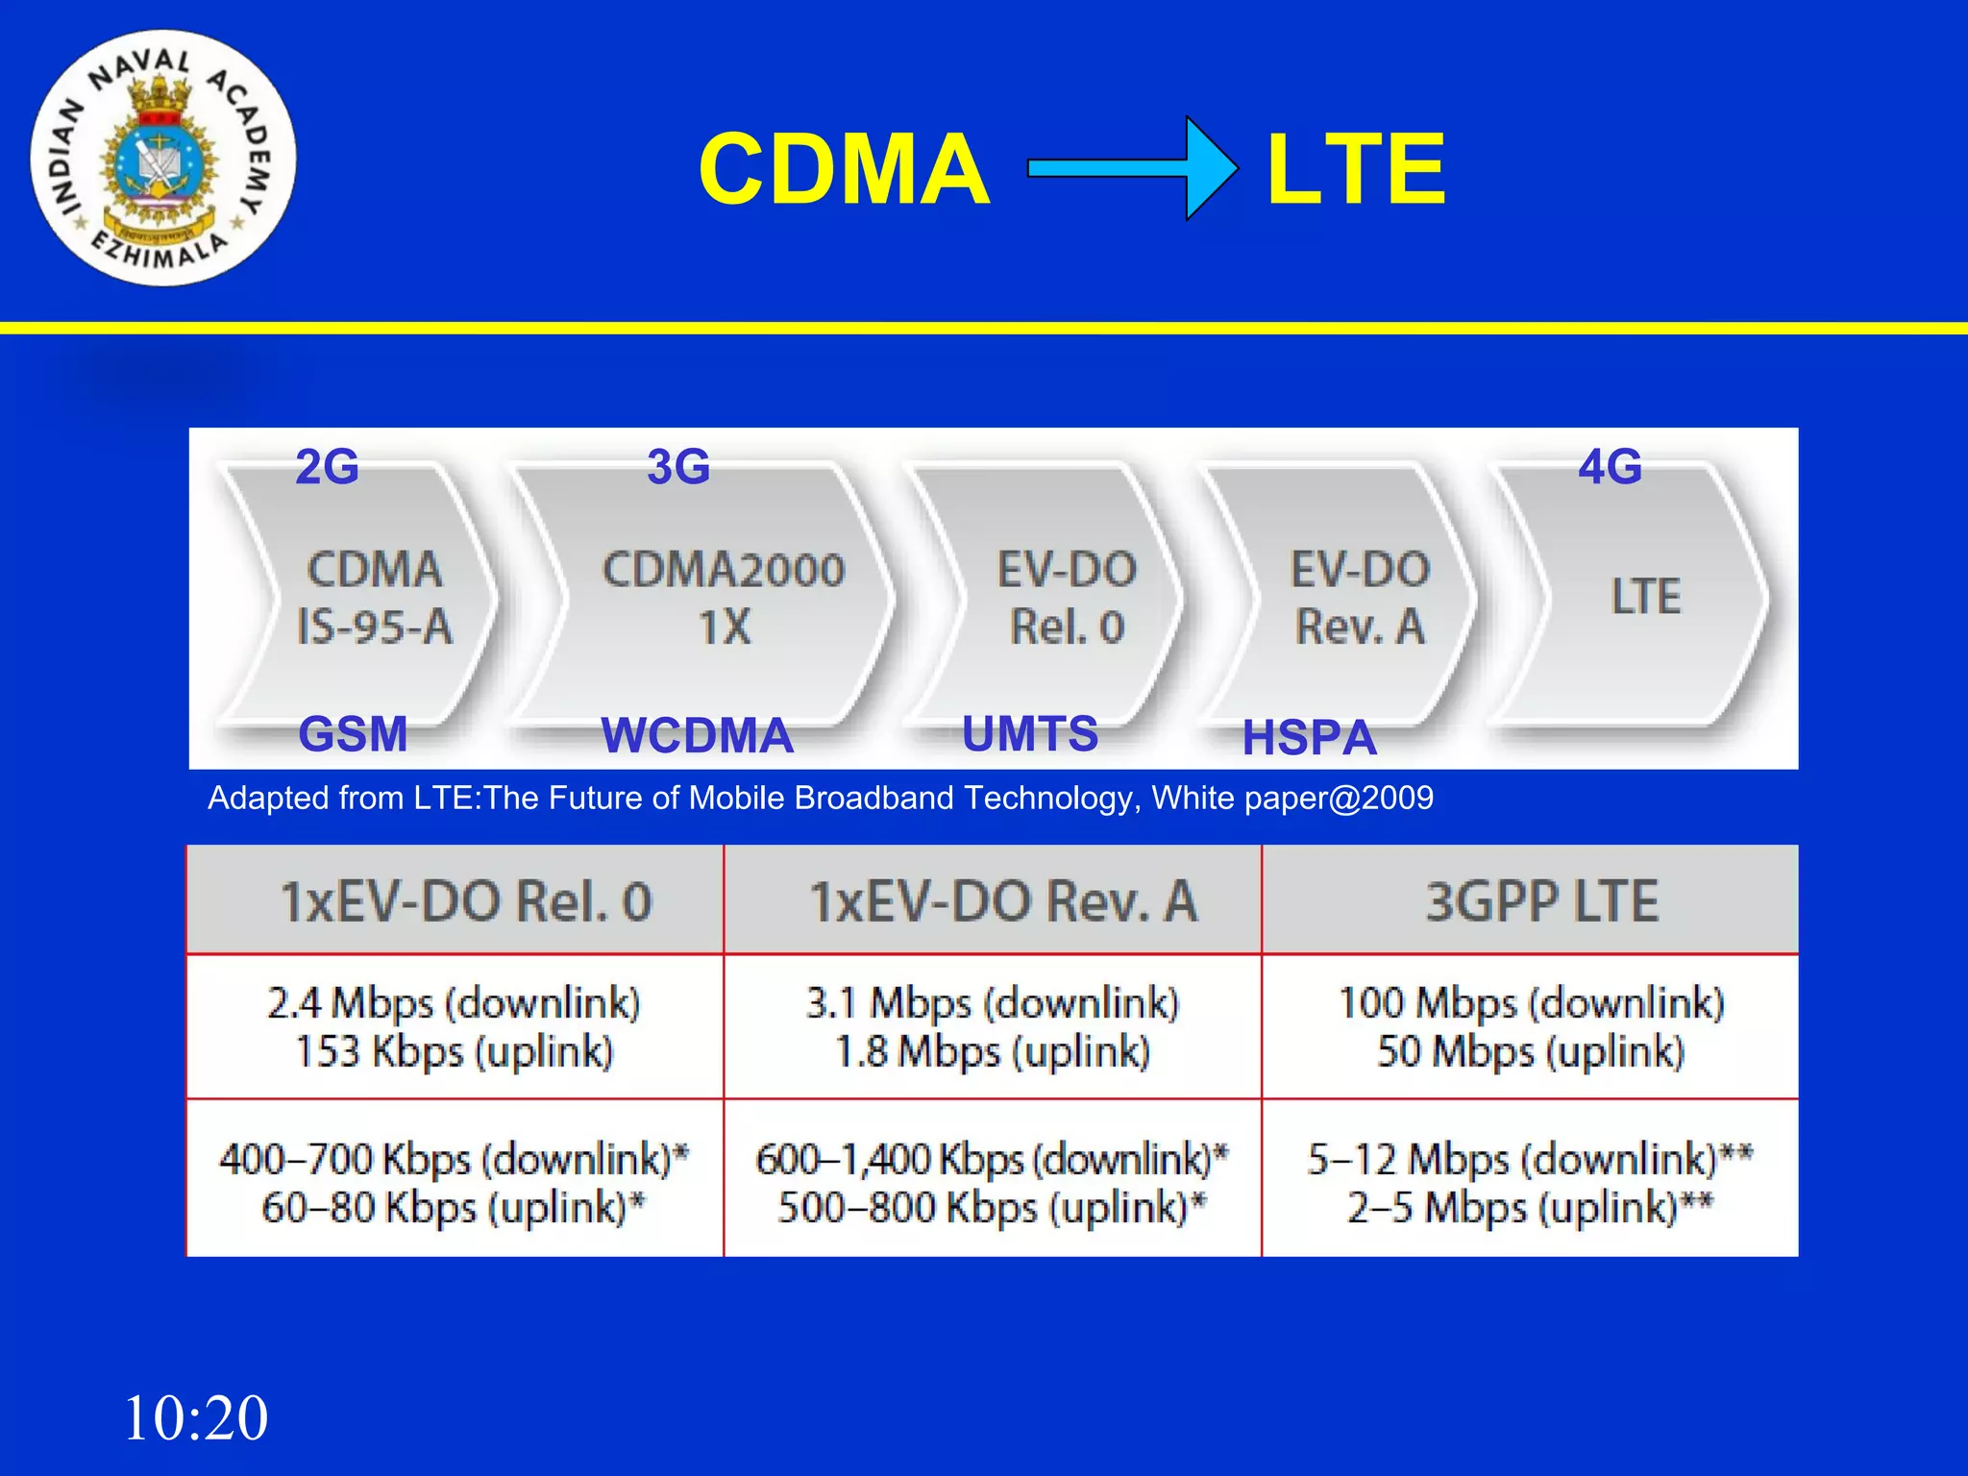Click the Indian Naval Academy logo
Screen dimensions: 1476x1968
point(163,159)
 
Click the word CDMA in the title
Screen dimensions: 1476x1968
point(844,170)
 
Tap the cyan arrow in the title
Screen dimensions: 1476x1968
point(1132,169)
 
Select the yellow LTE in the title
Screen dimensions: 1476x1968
point(1356,170)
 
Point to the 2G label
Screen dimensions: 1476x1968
point(327,467)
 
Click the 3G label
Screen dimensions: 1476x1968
point(678,467)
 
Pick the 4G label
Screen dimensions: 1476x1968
point(1610,467)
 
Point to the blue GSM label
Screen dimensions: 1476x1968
point(353,734)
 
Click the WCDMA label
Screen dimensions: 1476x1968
point(697,736)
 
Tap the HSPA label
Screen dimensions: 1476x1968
point(1309,738)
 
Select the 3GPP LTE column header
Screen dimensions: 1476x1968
point(1540,901)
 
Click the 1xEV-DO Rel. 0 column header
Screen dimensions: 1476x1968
point(466,901)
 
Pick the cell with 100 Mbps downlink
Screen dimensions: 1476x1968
point(1531,1026)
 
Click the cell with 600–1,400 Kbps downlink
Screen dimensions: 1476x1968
point(992,1182)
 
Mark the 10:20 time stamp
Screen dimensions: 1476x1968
point(196,1417)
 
